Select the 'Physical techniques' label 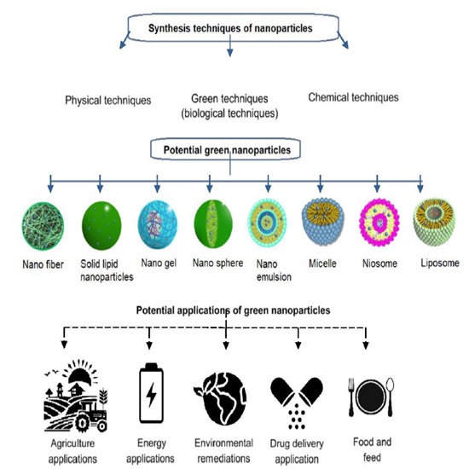click(x=108, y=101)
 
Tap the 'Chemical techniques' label click(x=353, y=98)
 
